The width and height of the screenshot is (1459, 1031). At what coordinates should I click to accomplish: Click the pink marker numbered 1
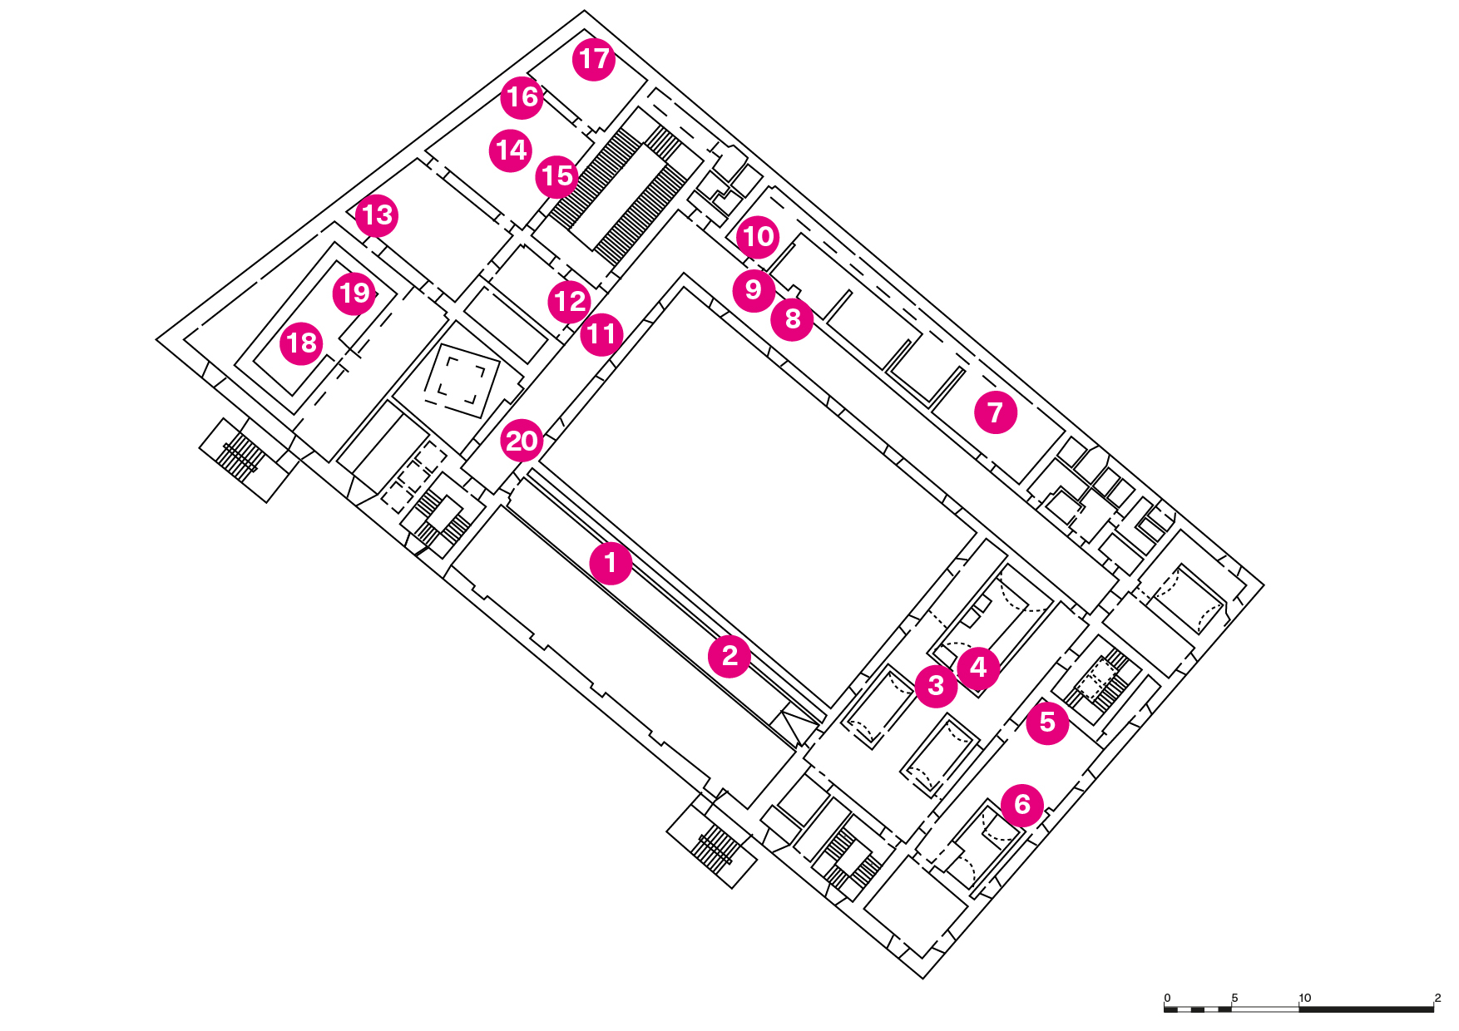pyautogui.click(x=611, y=563)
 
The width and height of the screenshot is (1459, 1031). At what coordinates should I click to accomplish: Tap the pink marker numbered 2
pyautogui.click(x=729, y=656)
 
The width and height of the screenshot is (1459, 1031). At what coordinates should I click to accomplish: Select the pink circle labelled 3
pyautogui.click(x=936, y=686)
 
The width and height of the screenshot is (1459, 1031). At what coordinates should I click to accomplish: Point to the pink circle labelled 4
pyautogui.click(x=978, y=667)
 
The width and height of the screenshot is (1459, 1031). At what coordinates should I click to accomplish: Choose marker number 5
pyautogui.click(x=1047, y=723)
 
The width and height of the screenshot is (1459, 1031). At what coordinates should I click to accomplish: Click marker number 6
pyautogui.click(x=1022, y=805)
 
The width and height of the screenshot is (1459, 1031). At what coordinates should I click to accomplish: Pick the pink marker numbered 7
pyautogui.click(x=996, y=412)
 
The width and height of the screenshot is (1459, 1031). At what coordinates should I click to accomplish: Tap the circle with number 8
pyautogui.click(x=792, y=318)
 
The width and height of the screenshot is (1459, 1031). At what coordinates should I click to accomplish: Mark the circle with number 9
pyautogui.click(x=754, y=289)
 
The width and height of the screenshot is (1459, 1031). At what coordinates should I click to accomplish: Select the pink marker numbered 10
pyautogui.click(x=758, y=237)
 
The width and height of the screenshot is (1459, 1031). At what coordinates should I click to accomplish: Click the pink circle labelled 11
pyautogui.click(x=601, y=334)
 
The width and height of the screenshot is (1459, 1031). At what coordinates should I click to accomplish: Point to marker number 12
pyautogui.click(x=570, y=301)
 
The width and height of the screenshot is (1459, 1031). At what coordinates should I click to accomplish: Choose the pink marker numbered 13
pyautogui.click(x=377, y=215)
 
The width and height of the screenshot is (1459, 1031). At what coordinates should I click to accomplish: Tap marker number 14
pyautogui.click(x=511, y=150)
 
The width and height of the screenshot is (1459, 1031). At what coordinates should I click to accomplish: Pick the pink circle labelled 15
pyautogui.click(x=556, y=176)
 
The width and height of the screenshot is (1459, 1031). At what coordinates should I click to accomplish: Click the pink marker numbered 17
pyautogui.click(x=594, y=59)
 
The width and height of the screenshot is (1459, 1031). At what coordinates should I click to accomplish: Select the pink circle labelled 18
pyautogui.click(x=301, y=343)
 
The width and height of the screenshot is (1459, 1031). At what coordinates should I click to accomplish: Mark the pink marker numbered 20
pyautogui.click(x=522, y=441)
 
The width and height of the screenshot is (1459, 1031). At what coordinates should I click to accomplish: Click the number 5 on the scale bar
pyautogui.click(x=1234, y=998)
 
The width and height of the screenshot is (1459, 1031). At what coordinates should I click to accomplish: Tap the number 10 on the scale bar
pyautogui.click(x=1304, y=998)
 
